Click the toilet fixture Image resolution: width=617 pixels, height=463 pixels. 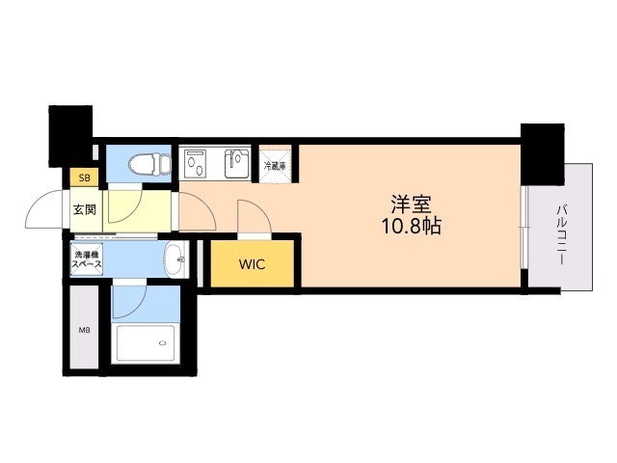[x=150, y=164]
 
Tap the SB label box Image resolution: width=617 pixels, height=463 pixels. [x=84, y=177]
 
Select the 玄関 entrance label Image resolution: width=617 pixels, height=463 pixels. [x=85, y=210]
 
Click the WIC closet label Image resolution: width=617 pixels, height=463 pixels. [x=252, y=264]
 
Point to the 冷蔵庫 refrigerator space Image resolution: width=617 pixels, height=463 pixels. [x=275, y=166]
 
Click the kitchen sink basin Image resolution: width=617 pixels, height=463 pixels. [x=237, y=163]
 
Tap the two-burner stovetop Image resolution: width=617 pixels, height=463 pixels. [x=196, y=163]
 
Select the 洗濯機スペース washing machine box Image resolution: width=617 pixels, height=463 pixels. [x=87, y=259]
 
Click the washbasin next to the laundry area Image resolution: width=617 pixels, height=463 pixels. [x=175, y=259]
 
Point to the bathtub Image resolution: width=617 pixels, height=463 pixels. [x=146, y=343]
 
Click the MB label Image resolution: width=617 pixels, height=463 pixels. [x=84, y=330]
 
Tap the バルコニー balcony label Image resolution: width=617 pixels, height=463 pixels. [x=561, y=234]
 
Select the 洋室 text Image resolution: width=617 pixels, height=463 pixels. [x=412, y=204]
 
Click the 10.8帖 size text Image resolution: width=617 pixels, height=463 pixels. [x=412, y=226]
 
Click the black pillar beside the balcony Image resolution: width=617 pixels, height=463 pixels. [x=542, y=154]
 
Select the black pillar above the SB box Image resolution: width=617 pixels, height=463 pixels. [x=70, y=136]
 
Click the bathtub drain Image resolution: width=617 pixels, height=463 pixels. [x=163, y=343]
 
